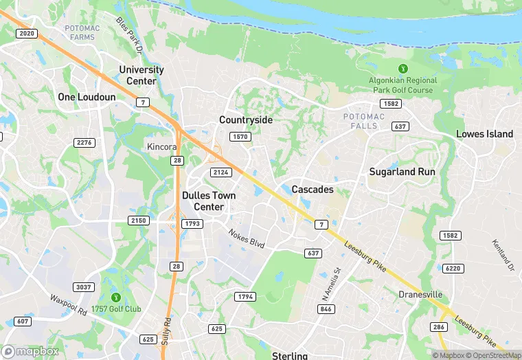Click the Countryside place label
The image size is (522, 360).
click(x=246, y=120)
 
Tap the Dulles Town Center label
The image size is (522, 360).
click(x=209, y=201)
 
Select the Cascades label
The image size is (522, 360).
click(x=313, y=189)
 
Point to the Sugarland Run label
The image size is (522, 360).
click(x=402, y=172)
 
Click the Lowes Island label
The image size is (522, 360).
click(x=484, y=134)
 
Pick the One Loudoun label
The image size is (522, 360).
click(x=87, y=97)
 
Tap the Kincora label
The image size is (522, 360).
click(x=162, y=147)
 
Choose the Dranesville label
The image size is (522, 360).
click(x=421, y=295)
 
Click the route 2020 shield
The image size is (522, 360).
click(x=27, y=33)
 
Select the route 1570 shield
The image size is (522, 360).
click(x=240, y=137)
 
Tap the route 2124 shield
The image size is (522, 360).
click(x=221, y=172)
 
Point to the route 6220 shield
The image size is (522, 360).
click(x=453, y=268)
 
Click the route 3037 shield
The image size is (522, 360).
click(x=84, y=286)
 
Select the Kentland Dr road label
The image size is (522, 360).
click(x=502, y=254)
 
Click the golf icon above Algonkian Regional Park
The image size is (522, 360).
click(x=402, y=69)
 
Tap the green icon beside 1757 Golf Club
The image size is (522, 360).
click(x=115, y=297)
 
